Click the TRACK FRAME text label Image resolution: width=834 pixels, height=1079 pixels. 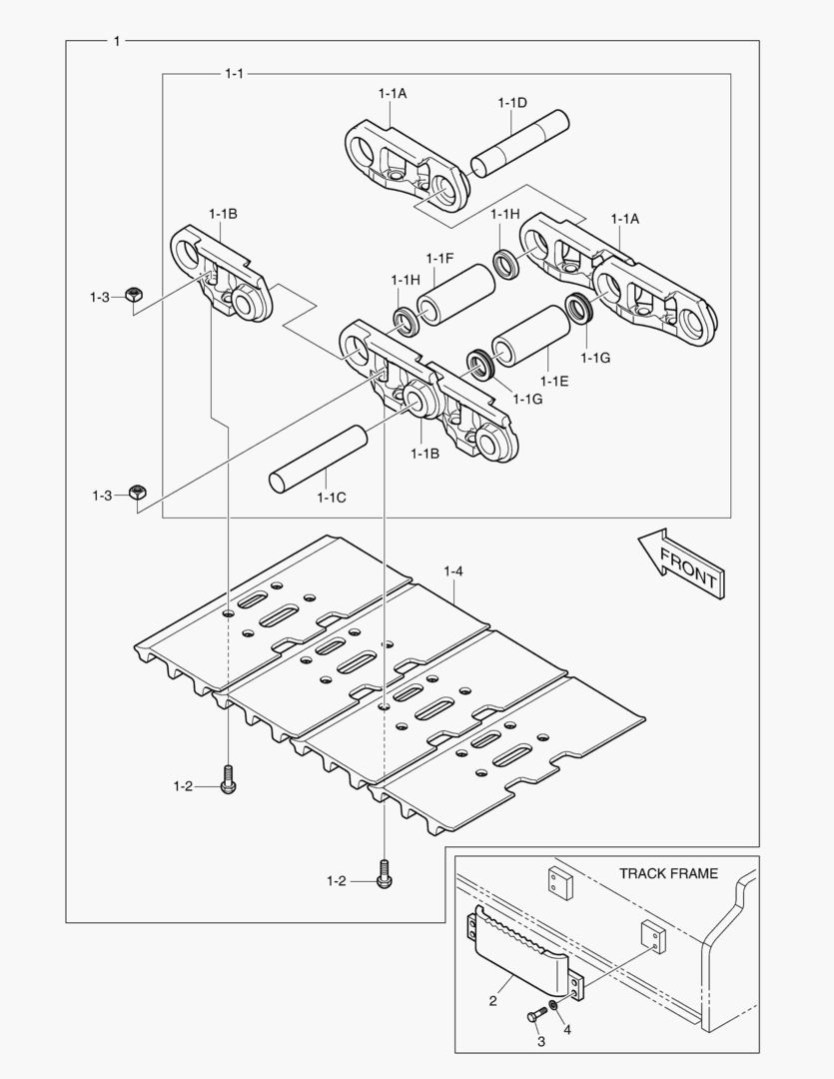[x=667, y=873]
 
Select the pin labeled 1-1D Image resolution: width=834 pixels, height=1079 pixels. [x=520, y=146]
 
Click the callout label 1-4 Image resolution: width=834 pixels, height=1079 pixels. [x=453, y=571]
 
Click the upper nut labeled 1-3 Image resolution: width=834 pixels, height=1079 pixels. [x=133, y=295]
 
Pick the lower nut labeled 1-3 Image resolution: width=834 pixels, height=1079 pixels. [x=138, y=493]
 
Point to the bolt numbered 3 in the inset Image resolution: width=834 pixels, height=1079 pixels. [x=535, y=1014]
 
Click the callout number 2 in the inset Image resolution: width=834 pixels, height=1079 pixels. [x=493, y=999]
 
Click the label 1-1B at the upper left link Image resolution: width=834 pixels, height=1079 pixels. [x=222, y=214]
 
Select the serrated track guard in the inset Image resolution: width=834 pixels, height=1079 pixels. [x=518, y=945]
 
